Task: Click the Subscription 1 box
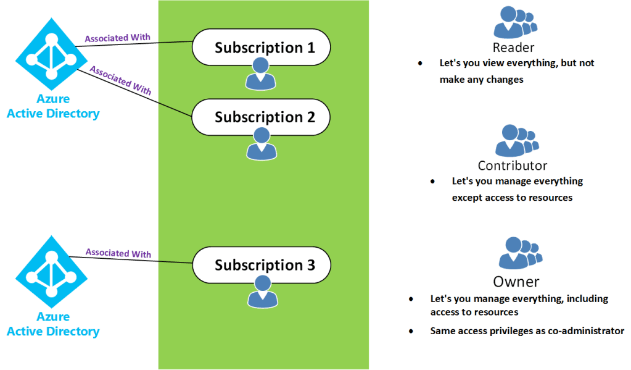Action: (x=262, y=47)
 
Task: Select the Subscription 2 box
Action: (x=262, y=117)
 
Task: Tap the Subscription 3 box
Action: (x=262, y=265)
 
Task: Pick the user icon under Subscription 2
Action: (x=262, y=143)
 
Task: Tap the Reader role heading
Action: (x=513, y=48)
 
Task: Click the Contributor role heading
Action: (x=512, y=166)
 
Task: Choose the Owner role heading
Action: (x=516, y=282)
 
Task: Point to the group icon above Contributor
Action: (x=515, y=141)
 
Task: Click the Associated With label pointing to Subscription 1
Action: (x=117, y=39)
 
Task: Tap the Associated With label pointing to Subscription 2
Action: (x=120, y=79)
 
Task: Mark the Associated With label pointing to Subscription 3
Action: (x=118, y=253)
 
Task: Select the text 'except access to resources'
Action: (x=512, y=198)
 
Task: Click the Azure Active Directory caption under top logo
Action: (x=52, y=107)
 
